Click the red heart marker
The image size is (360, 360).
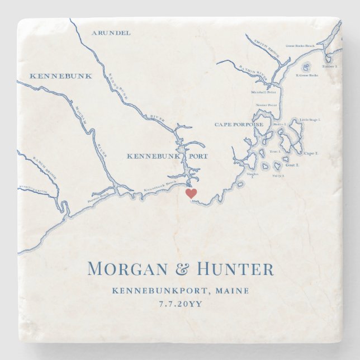pyautogui.click(x=191, y=193)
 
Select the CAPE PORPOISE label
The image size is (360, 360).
pyautogui.click(x=239, y=124)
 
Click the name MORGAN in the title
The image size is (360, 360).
pyautogui.click(x=127, y=269)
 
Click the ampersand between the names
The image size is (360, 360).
pyautogui.click(x=182, y=269)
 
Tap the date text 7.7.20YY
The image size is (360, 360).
pyautogui.click(x=180, y=304)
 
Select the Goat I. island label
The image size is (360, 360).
pyautogui.click(x=292, y=166)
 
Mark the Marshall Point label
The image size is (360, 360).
pyautogui.click(x=263, y=92)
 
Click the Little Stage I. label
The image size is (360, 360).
pyautogui.click(x=311, y=120)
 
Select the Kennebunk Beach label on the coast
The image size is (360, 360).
pyautogui.click(x=160, y=190)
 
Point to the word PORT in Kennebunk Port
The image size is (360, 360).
pyautogui.click(x=197, y=156)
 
